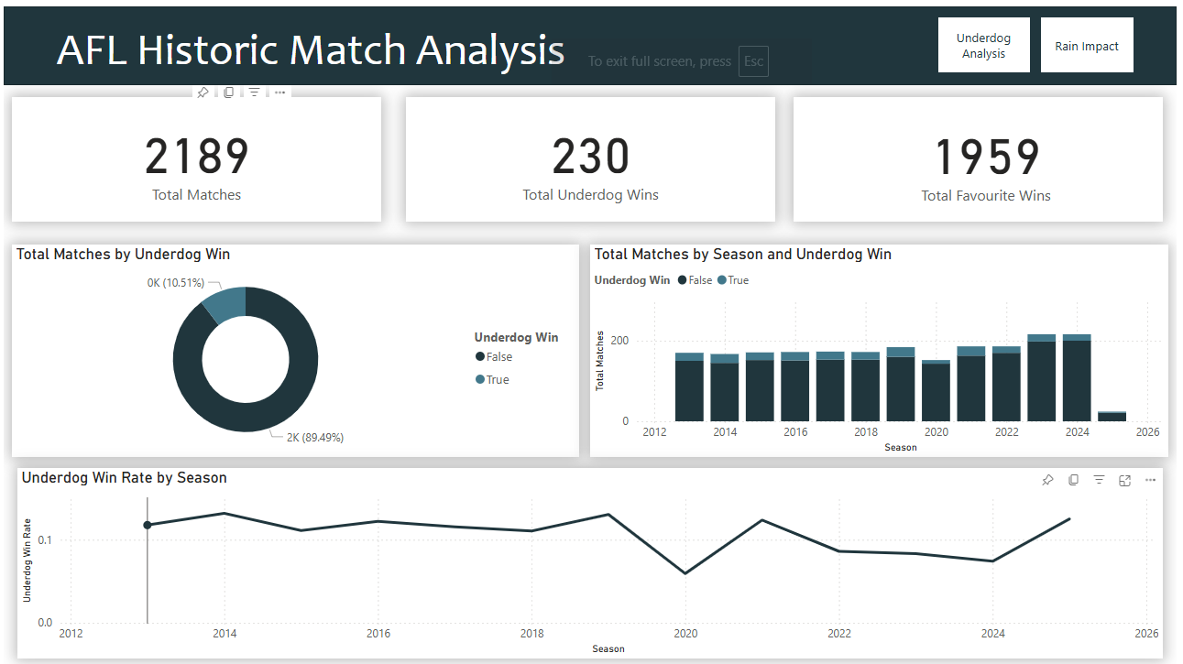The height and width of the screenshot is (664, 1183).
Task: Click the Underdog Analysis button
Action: (x=983, y=46)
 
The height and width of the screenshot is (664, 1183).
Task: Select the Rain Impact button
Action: (x=1087, y=46)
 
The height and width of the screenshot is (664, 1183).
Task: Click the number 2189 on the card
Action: (x=197, y=157)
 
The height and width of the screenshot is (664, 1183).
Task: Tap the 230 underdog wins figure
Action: (x=591, y=157)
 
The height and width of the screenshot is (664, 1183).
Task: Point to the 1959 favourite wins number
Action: (x=986, y=157)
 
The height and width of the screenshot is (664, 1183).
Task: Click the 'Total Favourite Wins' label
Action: (x=986, y=195)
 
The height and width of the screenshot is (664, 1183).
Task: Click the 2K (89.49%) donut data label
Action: (x=315, y=438)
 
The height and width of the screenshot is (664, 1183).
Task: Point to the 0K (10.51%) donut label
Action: (x=176, y=283)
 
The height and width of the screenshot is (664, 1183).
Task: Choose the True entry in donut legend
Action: (x=497, y=379)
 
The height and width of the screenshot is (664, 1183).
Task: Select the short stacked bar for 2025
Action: (x=1112, y=416)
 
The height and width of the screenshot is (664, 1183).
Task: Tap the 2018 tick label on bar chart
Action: (x=866, y=431)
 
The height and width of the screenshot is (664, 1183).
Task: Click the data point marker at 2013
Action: (x=147, y=525)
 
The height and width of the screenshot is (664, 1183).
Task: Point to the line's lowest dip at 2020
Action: (x=685, y=573)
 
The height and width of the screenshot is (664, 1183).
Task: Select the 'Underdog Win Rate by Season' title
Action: (x=125, y=478)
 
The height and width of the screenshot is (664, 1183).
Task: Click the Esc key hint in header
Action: (x=753, y=61)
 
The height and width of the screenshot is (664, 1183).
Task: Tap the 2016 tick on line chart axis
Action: (x=378, y=634)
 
